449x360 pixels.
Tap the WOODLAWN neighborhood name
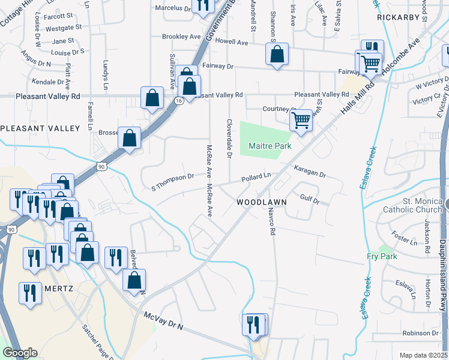pos(261,203)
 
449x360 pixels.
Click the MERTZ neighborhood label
pos(58,288)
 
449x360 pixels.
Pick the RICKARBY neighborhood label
pos(397,17)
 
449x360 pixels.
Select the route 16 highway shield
pos(179,101)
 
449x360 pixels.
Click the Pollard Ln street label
pos(256,179)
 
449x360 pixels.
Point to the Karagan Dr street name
pos(309,172)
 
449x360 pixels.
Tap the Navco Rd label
pos(272,220)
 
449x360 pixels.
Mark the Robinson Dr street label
pos(421,333)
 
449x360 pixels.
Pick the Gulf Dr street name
pos(310,197)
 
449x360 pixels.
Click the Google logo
pos(20,353)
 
